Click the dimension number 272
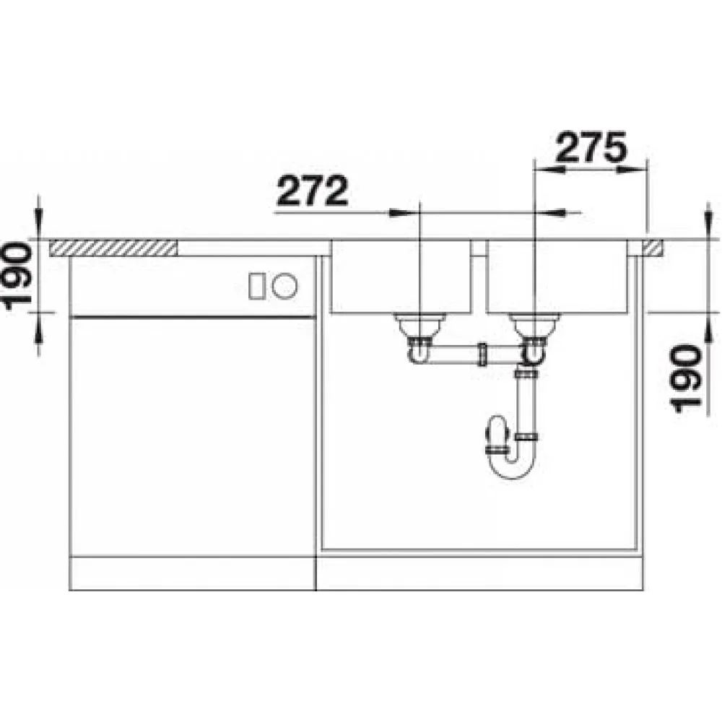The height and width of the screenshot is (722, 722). pyautogui.click(x=312, y=191)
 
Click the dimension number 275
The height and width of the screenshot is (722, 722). pyautogui.click(x=591, y=147)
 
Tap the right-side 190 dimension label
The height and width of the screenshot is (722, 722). pyautogui.click(x=687, y=378)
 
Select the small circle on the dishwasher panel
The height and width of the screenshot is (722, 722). pyautogui.click(x=284, y=285)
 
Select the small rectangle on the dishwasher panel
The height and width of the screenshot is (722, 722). pyautogui.click(x=256, y=286)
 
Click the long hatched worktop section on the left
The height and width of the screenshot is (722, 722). pyautogui.click(x=113, y=248)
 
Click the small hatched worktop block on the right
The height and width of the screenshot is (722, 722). pyautogui.click(x=653, y=248)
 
